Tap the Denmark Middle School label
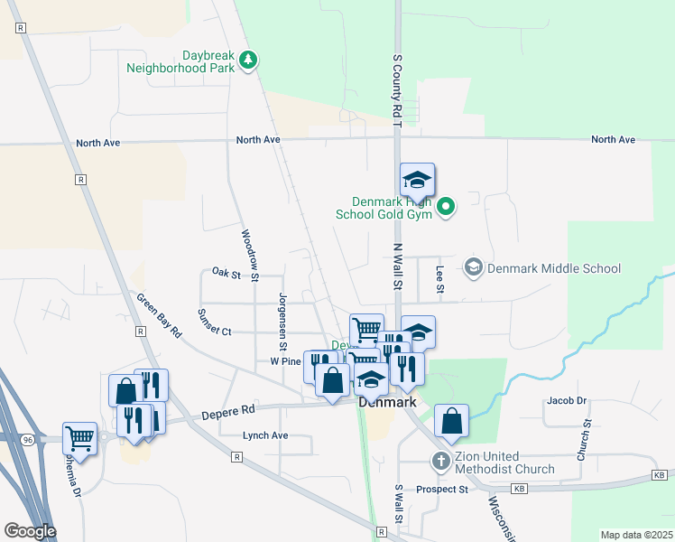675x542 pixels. (x=553, y=268)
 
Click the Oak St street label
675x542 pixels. (x=227, y=272)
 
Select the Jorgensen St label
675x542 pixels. (x=283, y=321)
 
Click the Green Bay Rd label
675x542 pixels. (x=159, y=313)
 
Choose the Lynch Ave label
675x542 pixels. (x=265, y=435)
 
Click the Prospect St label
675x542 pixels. (x=442, y=490)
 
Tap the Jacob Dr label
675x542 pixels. (x=566, y=400)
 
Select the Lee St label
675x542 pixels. (x=440, y=278)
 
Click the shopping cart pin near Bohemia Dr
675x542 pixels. (x=80, y=440)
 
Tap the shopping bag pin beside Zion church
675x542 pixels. (x=451, y=421)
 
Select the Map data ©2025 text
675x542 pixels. (x=636, y=535)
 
